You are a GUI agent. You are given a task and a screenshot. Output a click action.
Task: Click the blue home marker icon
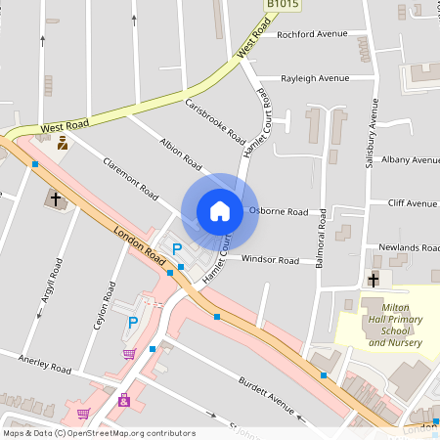click(x=220, y=211)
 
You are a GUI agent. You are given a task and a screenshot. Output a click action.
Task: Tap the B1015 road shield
click(x=283, y=6)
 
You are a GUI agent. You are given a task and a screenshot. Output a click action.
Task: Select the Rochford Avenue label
click(x=312, y=34)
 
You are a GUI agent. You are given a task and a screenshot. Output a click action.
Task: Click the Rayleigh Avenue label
click(x=315, y=78)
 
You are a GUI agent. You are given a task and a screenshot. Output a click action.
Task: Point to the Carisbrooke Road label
click(x=214, y=121)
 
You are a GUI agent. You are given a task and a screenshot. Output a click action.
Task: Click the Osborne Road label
click(x=279, y=211)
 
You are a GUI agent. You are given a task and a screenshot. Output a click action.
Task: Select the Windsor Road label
click(x=270, y=260)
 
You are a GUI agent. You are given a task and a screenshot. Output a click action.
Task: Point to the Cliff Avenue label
click(x=412, y=203)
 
